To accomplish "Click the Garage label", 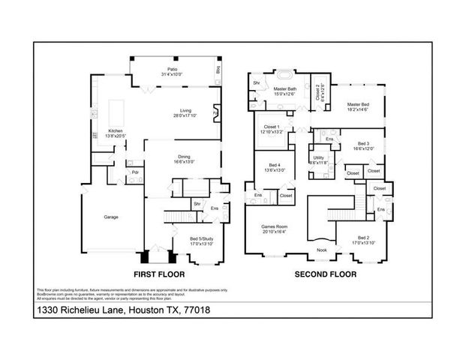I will [110, 217].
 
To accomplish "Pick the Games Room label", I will [273, 227].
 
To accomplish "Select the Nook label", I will [321, 250].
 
